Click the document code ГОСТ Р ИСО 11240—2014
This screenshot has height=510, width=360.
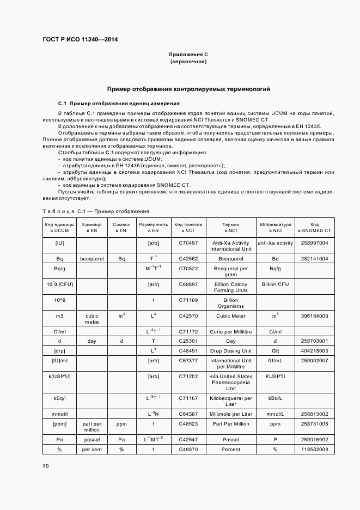click(80, 39)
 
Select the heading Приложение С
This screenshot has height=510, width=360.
click(188, 55)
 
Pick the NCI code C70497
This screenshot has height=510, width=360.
click(188, 243)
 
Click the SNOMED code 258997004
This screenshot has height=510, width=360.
click(314, 243)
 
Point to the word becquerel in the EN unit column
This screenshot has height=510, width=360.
click(91, 258)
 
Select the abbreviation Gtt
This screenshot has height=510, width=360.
click(275, 351)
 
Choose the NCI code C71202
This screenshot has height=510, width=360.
click(188, 376)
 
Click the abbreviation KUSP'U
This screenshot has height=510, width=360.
click(275, 376)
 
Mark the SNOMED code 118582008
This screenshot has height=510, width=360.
click(314, 449)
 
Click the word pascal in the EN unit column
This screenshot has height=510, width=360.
click(91, 439)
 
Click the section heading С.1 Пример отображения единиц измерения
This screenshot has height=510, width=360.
click(119, 103)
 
